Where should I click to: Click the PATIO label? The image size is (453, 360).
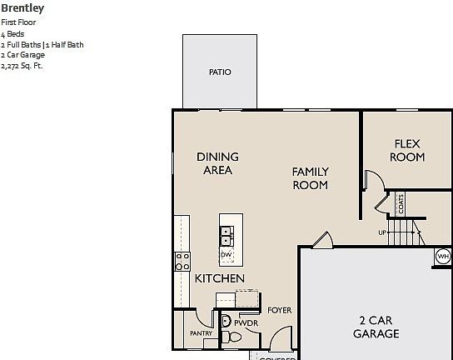[220, 72]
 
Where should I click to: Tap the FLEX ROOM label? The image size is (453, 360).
[408, 150]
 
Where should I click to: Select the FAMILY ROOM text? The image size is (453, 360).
[310, 178]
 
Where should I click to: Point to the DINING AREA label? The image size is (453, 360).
[217, 163]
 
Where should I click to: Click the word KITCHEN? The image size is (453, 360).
[220, 278]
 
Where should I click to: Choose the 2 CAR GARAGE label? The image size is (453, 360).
[376, 327]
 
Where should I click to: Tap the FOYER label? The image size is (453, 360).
[279, 310]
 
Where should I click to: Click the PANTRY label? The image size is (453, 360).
[201, 333]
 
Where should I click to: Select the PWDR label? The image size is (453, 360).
[245, 322]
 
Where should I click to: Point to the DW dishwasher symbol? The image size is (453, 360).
[226, 254]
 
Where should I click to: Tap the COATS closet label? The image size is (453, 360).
[401, 203]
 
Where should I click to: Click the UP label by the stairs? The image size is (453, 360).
[382, 232]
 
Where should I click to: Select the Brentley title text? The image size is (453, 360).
[22, 8]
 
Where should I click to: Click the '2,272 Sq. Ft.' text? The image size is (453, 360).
[22, 66]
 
